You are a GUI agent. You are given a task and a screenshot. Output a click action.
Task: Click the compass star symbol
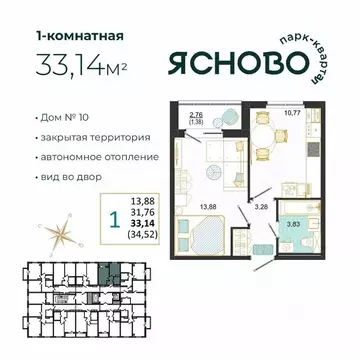point(28,237)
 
